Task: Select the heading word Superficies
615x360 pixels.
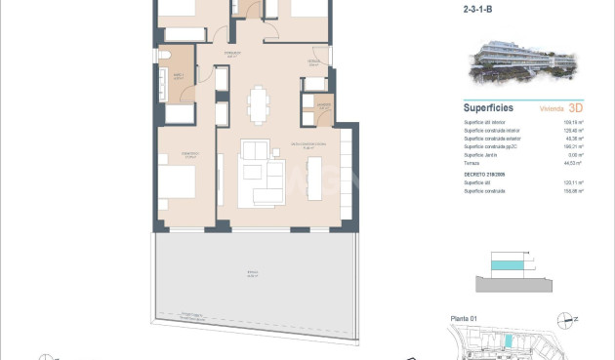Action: [489, 108]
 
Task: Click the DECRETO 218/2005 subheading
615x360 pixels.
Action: [487, 174]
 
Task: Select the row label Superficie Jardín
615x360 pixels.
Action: [484, 155]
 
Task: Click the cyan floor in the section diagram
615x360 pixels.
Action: [507, 264]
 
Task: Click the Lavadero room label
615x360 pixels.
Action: [320, 106]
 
